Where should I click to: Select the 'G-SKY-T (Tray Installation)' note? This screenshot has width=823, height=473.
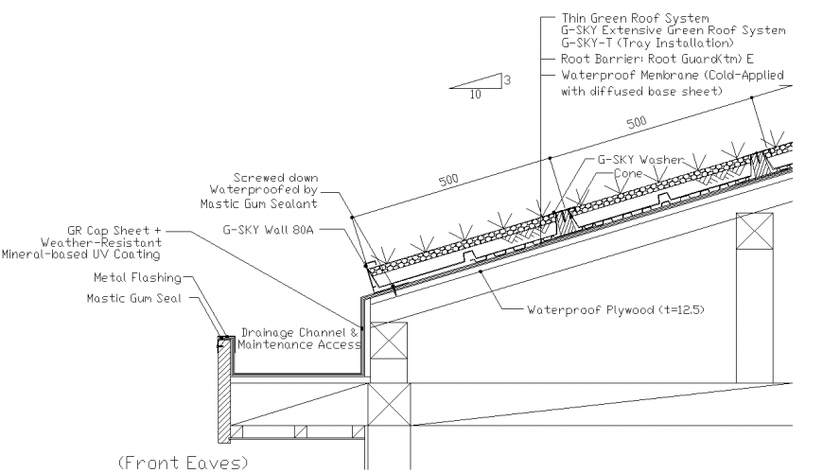tap(646, 44)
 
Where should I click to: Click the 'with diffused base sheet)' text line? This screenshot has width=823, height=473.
tap(641, 91)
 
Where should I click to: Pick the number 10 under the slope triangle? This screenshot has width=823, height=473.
tap(474, 95)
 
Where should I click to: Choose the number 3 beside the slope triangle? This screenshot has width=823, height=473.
tap(507, 80)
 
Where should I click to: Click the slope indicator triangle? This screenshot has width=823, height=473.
tap(482, 82)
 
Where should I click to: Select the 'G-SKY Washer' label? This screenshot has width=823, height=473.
tap(639, 160)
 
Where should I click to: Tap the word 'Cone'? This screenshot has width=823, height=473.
tap(628, 174)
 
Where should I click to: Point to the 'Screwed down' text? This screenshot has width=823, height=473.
tap(276, 177)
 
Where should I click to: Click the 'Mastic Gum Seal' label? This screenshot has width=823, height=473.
tap(135, 297)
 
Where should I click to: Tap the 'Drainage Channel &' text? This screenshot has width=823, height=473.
tap(300, 333)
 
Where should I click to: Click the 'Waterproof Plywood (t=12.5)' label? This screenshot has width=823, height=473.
tap(616, 309)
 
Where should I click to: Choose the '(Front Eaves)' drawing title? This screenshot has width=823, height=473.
tap(183, 462)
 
